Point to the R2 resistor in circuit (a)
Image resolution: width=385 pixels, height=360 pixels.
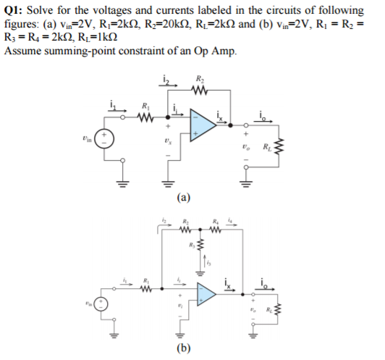(x=200, y=91)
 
